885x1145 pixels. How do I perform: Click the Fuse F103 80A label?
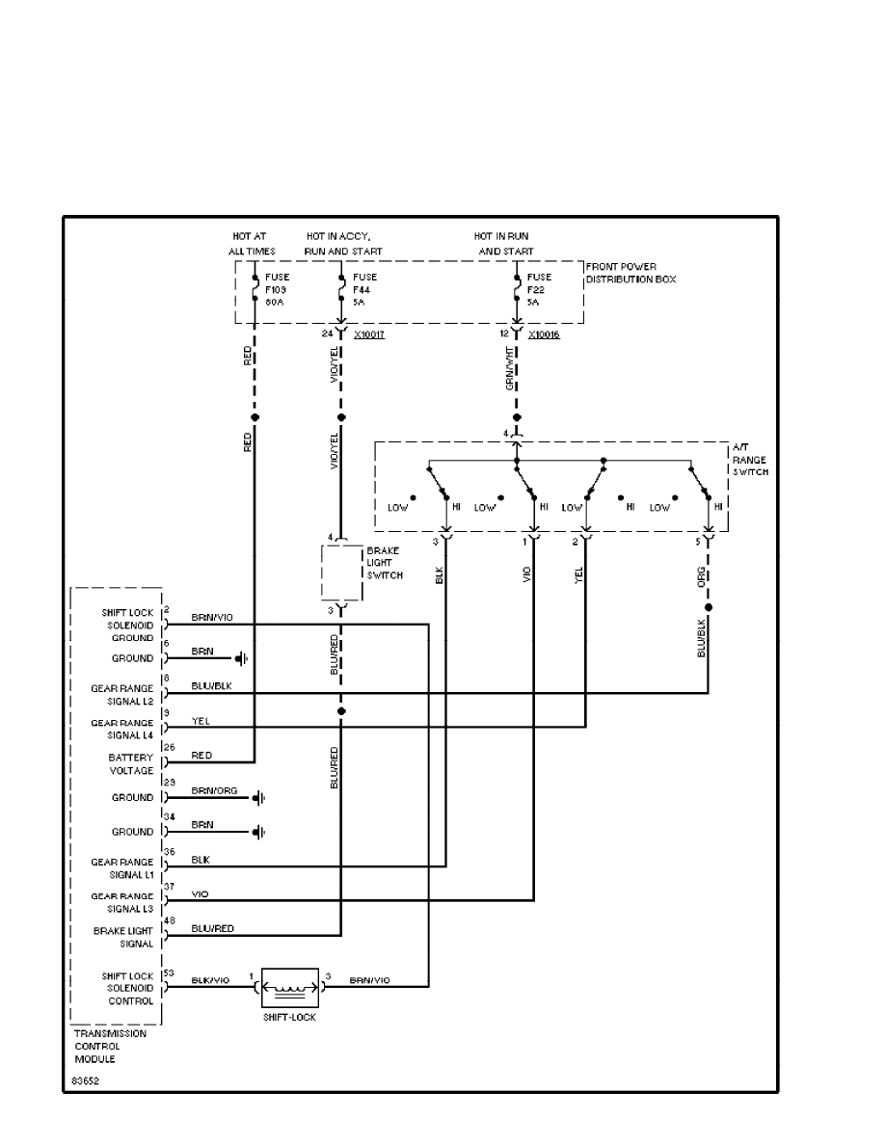[277, 288]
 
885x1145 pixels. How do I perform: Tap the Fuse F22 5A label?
[539, 288]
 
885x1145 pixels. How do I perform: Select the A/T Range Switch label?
[750, 461]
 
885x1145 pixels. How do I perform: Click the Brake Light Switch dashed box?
[340, 573]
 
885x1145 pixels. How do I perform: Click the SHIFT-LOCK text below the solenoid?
[290, 1017]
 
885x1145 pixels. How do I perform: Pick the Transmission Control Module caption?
[110, 1045]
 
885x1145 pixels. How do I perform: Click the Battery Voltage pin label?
[131, 764]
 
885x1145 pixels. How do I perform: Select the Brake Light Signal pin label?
[123, 937]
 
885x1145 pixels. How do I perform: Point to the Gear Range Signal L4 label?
[122, 730]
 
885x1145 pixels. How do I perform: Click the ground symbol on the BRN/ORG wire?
[259, 798]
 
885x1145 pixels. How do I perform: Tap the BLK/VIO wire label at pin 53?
[210, 979]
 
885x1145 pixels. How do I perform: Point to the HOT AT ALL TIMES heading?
[253, 244]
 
